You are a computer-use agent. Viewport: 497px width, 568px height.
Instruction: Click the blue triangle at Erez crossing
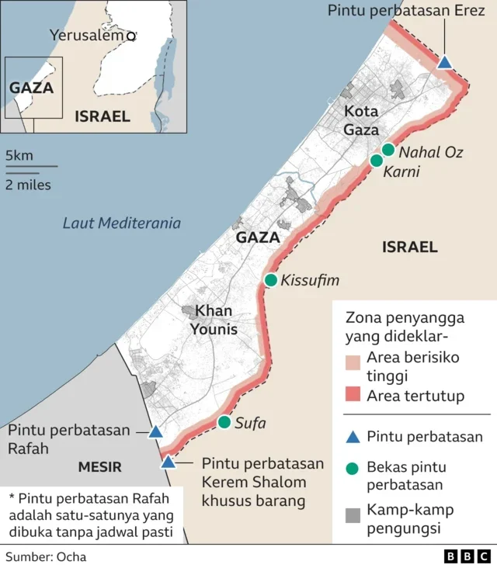(x=444, y=62)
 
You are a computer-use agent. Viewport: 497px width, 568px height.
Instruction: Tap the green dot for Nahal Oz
(x=388, y=150)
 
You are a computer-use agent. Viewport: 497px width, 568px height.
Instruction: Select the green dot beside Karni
(x=377, y=161)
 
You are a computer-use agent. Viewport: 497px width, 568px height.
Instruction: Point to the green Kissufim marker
(x=270, y=280)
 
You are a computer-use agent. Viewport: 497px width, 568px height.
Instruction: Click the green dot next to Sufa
(x=224, y=422)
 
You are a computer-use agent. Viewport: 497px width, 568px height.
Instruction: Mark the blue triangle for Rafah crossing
(x=155, y=431)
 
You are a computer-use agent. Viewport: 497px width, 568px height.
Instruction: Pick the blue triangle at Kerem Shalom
(x=168, y=462)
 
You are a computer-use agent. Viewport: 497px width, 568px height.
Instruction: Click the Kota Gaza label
(x=362, y=120)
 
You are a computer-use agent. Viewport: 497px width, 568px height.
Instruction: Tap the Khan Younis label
(x=214, y=320)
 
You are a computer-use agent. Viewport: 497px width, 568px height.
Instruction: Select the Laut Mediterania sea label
(x=122, y=223)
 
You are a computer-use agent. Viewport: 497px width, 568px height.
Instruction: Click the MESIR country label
(x=99, y=467)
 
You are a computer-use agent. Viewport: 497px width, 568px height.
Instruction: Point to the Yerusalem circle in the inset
(x=131, y=36)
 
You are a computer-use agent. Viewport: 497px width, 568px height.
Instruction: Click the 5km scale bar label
(x=19, y=156)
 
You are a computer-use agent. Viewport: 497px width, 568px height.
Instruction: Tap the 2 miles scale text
(x=28, y=185)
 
